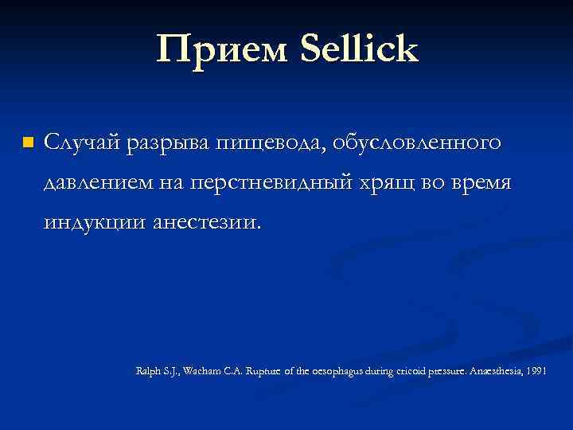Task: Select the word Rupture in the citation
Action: pos(271,373)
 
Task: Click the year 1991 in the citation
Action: pos(536,373)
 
